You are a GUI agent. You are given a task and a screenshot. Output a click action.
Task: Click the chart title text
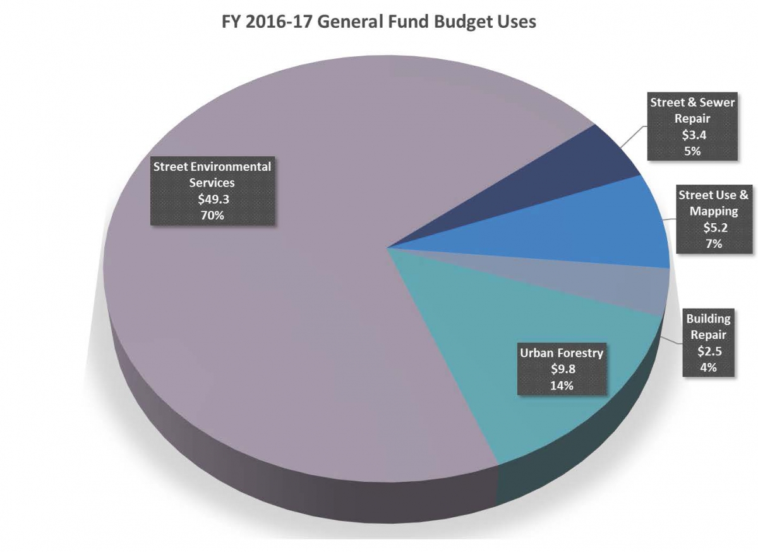tap(378, 22)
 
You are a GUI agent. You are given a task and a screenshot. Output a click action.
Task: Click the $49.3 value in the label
tap(212, 199)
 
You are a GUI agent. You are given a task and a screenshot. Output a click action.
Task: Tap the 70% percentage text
tap(212, 215)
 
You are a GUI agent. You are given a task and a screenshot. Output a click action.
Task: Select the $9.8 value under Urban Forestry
tap(562, 369)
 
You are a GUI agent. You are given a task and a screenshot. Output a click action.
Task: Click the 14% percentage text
tap(562, 385)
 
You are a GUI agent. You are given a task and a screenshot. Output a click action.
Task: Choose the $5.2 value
tap(714, 228)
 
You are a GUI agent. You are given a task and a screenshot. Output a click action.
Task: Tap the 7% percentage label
tap(714, 243)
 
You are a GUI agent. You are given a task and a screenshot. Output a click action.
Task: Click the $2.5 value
tap(709, 351)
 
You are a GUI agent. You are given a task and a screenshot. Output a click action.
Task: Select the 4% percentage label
tap(709, 367)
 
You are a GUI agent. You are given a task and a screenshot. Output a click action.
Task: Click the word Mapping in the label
tap(714, 211)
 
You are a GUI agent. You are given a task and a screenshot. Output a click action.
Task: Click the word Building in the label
tap(709, 319)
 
